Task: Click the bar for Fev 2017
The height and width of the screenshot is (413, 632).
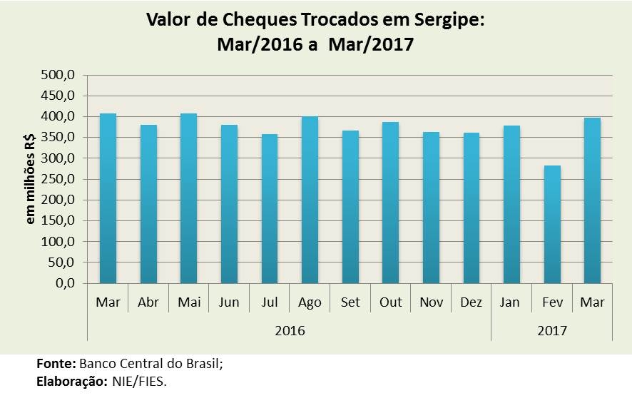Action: (x=552, y=224)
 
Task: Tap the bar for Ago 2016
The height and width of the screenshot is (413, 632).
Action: (x=310, y=200)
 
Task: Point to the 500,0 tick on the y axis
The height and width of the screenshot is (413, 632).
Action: (x=61, y=75)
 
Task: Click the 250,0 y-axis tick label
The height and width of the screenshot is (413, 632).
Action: (x=61, y=179)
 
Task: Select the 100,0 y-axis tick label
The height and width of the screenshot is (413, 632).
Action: (x=61, y=242)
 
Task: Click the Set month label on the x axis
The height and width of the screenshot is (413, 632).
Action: (x=350, y=302)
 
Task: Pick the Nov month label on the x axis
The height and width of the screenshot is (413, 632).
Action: (x=431, y=302)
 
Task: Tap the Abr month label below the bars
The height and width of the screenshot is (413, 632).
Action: (x=148, y=302)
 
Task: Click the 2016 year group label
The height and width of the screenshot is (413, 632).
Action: (x=290, y=331)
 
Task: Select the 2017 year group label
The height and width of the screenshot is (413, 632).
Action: (x=552, y=331)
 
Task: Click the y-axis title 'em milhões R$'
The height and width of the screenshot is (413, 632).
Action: (x=31, y=179)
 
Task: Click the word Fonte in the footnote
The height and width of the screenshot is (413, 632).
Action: (x=56, y=364)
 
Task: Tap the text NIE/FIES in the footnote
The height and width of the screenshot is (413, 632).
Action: (x=139, y=382)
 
